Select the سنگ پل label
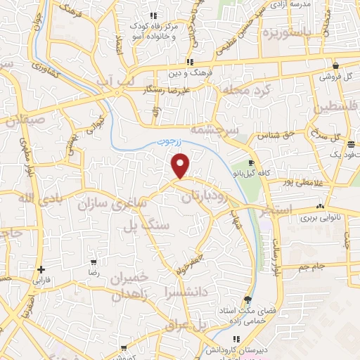146,226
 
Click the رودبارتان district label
205,200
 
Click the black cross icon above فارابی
42,269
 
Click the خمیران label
132,278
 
